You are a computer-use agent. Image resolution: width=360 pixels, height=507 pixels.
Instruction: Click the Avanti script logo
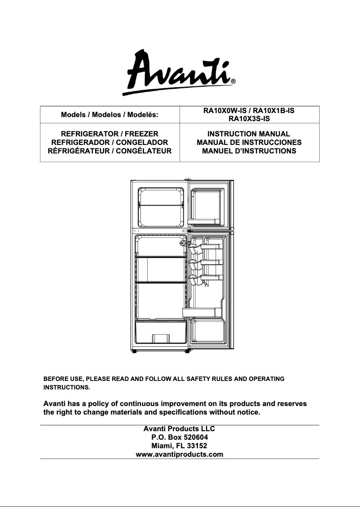180,72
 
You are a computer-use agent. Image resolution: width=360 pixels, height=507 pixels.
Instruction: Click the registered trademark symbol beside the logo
233,82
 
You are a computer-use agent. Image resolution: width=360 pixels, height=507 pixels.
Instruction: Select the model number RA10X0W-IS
221,110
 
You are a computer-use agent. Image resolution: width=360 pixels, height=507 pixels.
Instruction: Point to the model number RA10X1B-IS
273,110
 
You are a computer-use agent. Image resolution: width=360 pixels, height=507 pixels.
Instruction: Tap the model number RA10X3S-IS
249,119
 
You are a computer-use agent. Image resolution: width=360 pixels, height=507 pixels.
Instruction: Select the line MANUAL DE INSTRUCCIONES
249,143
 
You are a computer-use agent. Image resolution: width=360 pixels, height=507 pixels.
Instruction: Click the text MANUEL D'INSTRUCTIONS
249,151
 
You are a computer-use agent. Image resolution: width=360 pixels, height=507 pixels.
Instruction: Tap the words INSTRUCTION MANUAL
249,134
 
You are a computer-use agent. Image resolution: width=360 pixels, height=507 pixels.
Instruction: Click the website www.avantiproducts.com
180,455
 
